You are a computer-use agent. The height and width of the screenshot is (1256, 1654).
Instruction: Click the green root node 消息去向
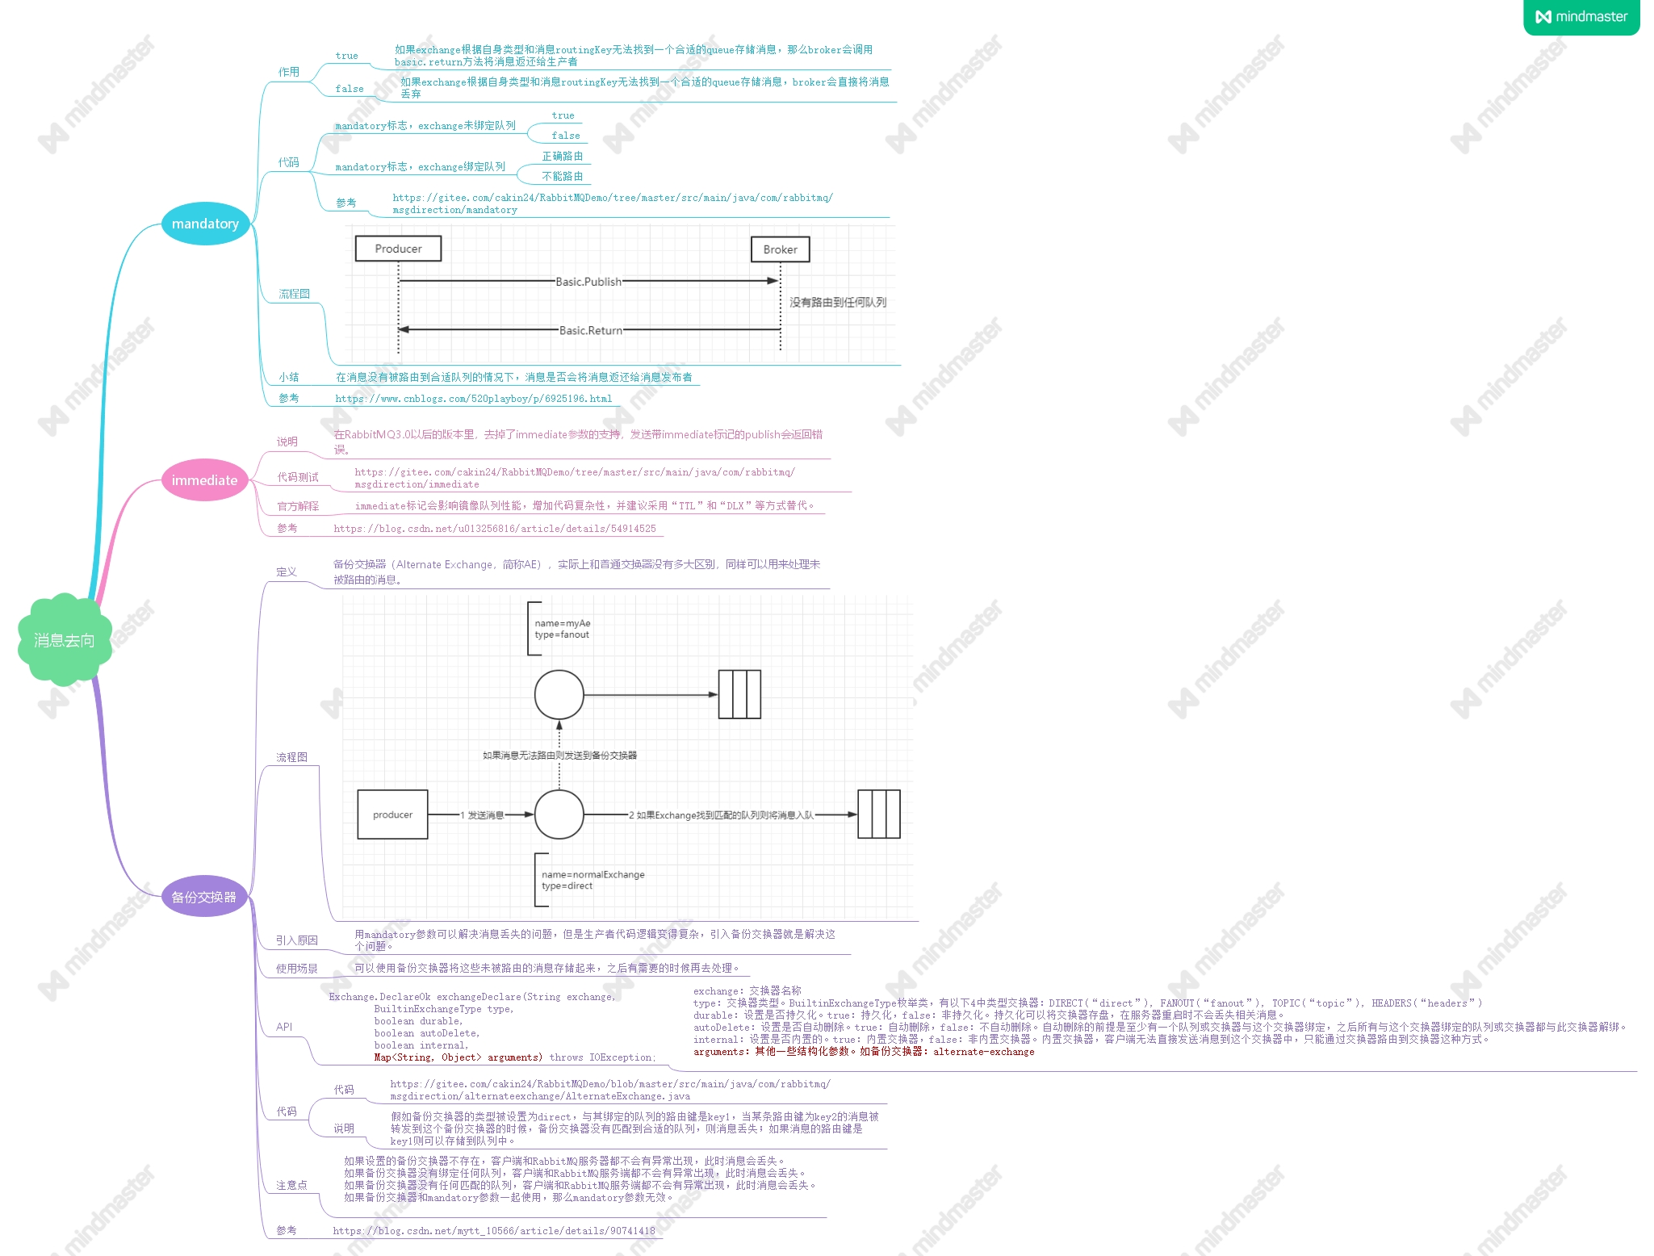(x=65, y=640)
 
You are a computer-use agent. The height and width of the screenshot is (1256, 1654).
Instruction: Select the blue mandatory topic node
(x=205, y=224)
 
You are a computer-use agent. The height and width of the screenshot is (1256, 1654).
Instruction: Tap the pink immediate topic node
(x=204, y=480)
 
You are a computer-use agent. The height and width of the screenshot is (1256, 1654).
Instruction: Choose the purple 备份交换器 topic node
(x=203, y=897)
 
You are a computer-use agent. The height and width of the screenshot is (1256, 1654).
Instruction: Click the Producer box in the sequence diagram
(x=398, y=249)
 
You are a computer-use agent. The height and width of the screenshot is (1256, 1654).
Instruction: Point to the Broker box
(x=780, y=249)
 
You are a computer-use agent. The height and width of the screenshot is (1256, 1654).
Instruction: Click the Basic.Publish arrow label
(x=588, y=282)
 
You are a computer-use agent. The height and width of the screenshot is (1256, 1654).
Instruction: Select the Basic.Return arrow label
(x=591, y=330)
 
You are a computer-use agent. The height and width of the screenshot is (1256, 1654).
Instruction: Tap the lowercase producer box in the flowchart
(x=392, y=814)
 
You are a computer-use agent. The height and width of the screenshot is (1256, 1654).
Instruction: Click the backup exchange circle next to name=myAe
(x=559, y=694)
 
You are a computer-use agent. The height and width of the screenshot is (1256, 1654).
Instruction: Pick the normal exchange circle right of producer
(x=559, y=814)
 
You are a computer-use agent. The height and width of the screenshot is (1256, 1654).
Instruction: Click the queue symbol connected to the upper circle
(x=739, y=694)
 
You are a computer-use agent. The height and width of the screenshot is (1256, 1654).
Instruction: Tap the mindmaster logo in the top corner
(x=1581, y=17)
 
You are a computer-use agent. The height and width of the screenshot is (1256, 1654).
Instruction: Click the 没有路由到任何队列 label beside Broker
(x=837, y=302)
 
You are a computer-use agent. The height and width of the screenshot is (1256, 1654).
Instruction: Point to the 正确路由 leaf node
(x=562, y=156)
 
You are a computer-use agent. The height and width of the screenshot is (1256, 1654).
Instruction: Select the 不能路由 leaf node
(x=562, y=176)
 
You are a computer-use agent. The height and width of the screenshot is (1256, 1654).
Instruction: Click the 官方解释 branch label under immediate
(x=298, y=506)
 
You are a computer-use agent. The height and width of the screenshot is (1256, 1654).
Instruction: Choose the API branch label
(x=284, y=1027)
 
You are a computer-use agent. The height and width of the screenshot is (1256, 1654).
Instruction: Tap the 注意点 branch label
(x=291, y=1185)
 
